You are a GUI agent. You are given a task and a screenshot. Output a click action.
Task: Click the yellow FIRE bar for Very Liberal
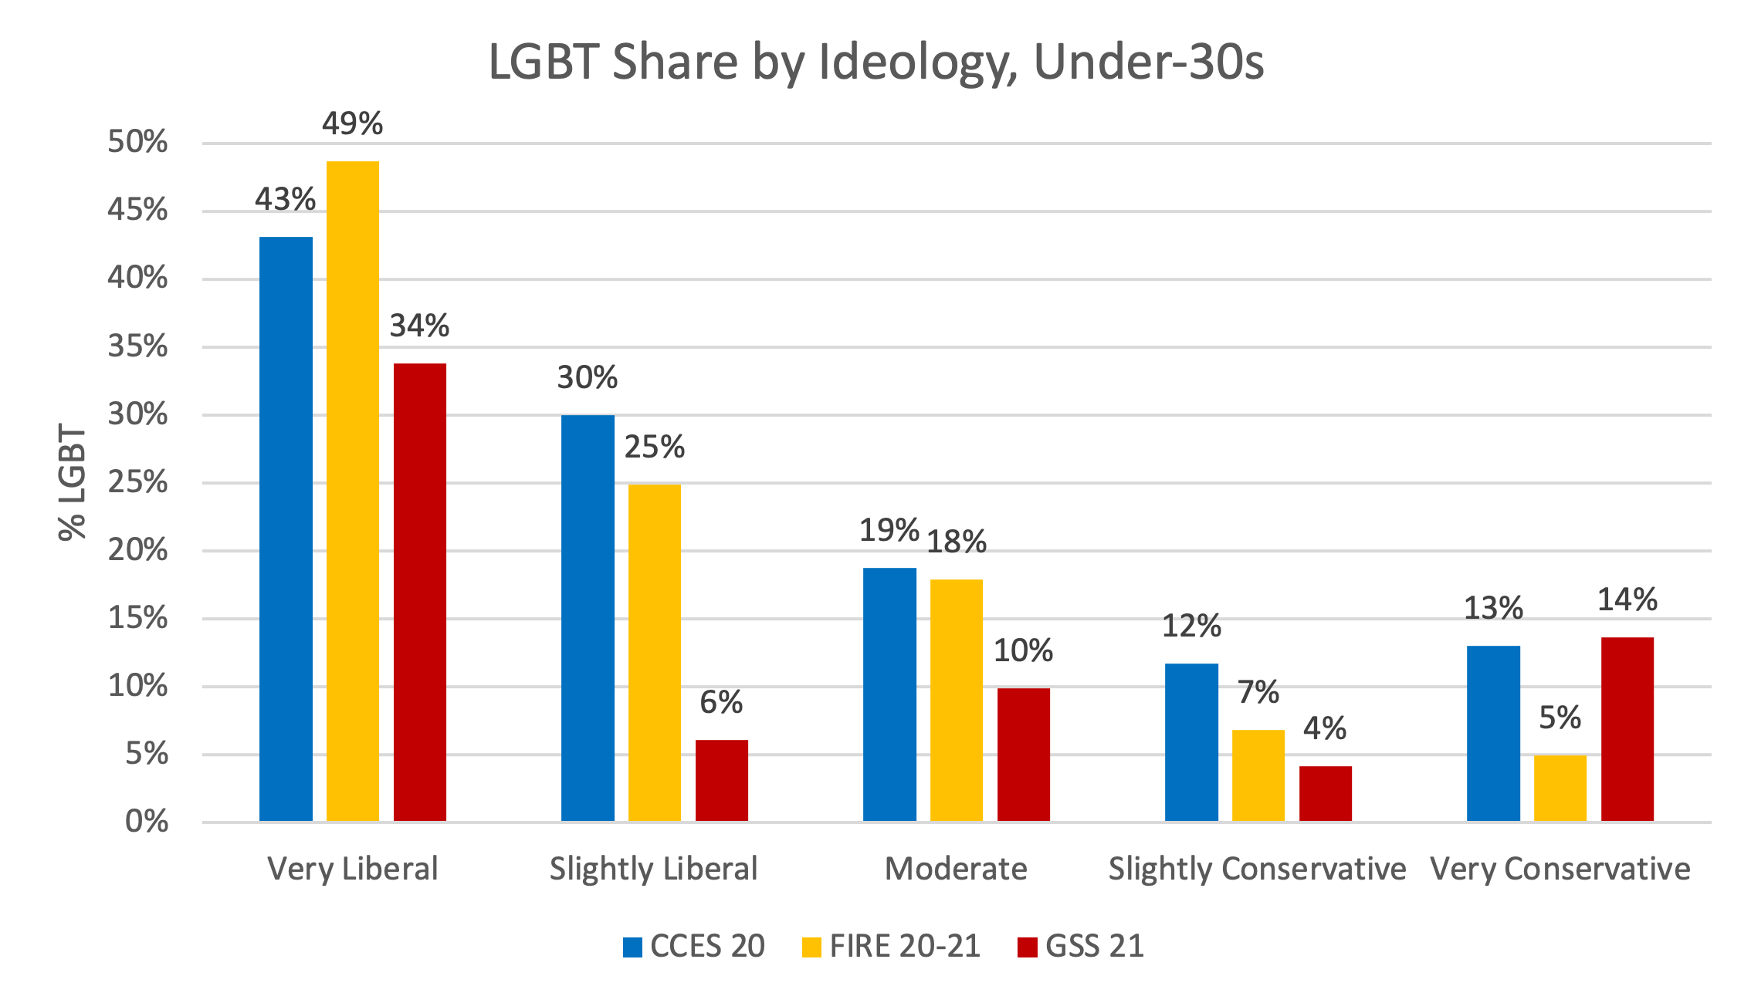[x=353, y=491]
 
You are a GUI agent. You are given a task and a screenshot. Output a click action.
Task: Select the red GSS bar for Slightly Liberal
[x=722, y=780]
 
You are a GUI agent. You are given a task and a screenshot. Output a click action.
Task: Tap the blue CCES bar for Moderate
[x=889, y=694]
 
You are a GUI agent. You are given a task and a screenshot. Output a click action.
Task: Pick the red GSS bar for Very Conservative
[x=1627, y=729]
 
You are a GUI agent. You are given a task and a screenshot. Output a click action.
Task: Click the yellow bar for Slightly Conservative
[x=1258, y=775]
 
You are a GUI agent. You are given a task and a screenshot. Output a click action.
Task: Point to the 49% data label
[x=353, y=123]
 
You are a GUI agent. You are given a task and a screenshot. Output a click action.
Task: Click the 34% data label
[x=419, y=326]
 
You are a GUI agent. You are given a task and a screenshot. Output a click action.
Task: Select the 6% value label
[x=721, y=702]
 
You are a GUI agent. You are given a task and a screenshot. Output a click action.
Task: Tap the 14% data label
[x=1627, y=599]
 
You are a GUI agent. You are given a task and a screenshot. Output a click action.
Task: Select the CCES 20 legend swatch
[x=633, y=947]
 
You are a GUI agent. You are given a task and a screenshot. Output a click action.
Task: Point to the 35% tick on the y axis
[x=137, y=346]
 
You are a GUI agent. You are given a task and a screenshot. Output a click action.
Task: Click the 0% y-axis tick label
[x=147, y=822]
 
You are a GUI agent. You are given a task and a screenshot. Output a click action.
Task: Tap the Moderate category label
[x=956, y=869]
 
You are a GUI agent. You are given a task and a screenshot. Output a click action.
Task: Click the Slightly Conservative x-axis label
[x=1257, y=869]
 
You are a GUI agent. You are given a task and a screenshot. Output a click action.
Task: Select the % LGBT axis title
[x=73, y=482]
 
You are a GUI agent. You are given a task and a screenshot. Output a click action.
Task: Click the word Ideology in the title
[x=915, y=62]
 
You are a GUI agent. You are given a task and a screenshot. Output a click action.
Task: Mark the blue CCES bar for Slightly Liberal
[x=588, y=617]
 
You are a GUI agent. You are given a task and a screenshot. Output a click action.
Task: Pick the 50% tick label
[x=137, y=142]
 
